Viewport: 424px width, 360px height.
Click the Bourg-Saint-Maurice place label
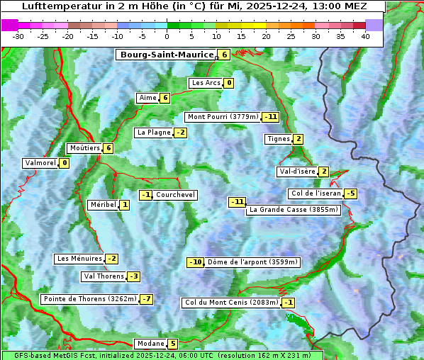tap(167, 55)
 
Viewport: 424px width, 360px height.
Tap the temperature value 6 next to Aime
tap(164, 98)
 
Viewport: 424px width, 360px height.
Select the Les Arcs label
tap(206, 83)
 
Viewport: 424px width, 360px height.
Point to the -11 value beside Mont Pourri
tap(270, 117)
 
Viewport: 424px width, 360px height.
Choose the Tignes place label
tap(279, 139)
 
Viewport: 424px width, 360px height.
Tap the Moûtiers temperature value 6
tap(108, 148)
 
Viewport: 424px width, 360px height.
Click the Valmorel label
tap(40, 163)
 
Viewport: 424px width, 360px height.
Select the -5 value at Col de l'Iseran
tap(350, 193)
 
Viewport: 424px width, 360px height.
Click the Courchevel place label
tap(175, 195)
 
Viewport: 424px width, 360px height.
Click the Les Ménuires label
tap(79, 259)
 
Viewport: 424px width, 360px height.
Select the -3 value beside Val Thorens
tap(133, 276)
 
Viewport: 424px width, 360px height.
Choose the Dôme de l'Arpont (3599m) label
tap(252, 262)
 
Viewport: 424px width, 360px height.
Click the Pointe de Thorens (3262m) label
tap(89, 299)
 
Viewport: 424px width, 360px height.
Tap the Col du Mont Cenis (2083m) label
tap(231, 303)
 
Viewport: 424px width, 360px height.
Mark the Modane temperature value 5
tap(172, 344)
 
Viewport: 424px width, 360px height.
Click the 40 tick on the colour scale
tap(365, 35)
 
